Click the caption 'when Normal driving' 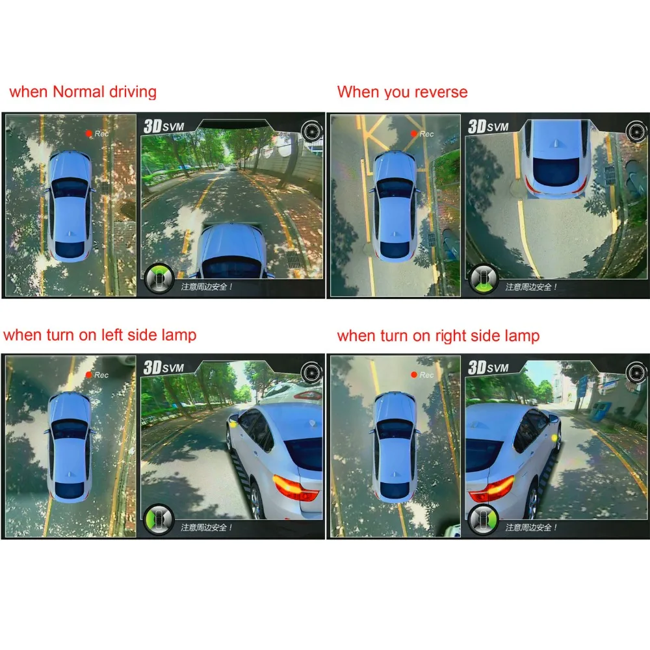(83, 92)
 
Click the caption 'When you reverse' (402, 92)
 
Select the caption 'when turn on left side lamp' (99, 335)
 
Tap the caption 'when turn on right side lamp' (438, 336)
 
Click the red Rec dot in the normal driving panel (88, 133)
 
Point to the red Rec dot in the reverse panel (413, 133)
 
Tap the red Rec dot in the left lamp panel (88, 375)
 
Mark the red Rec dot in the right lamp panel (413, 375)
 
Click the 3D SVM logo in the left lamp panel (164, 368)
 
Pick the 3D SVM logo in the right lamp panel (488, 368)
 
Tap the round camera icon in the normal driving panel (312, 131)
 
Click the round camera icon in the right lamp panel (636, 372)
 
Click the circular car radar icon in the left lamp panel (159, 519)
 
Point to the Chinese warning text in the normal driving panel (207, 287)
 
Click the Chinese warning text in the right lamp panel (531, 527)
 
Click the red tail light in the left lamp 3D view (294, 487)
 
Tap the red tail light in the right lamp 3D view (491, 489)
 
